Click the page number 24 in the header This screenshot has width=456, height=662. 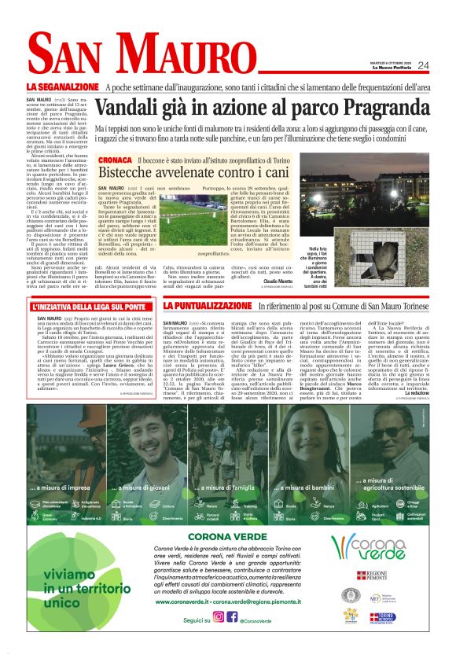coord(423,65)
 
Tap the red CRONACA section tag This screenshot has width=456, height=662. coord(115,160)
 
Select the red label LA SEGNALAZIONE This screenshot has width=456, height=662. coord(62,86)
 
